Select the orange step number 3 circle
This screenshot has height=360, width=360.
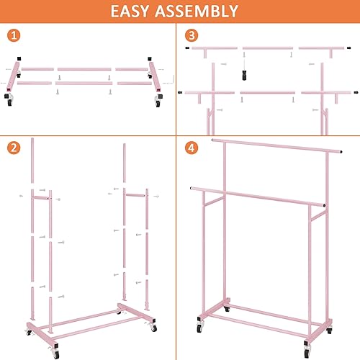(191, 35)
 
